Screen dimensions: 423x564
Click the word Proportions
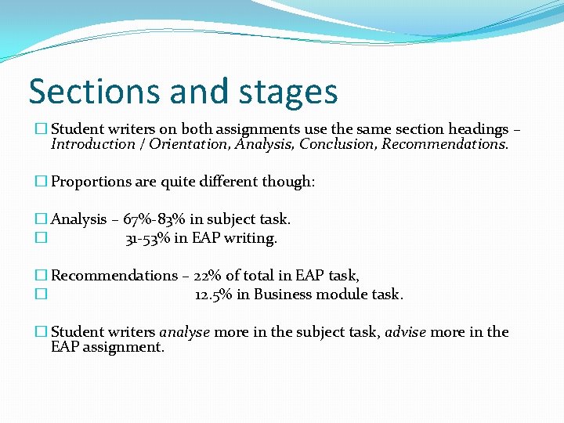91,182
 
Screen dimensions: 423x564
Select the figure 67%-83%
154,219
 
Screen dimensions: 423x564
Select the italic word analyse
184,332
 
